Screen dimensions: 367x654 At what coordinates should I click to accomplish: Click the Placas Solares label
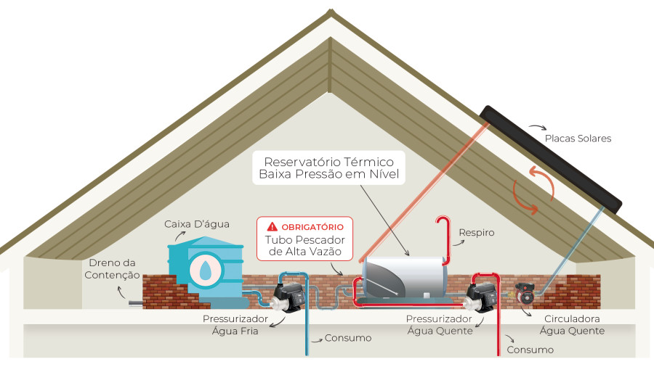point(578,138)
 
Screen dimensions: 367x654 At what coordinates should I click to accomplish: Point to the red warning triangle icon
point(272,226)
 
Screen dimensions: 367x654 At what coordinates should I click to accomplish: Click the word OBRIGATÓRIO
point(312,226)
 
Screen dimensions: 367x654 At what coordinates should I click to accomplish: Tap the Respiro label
point(476,233)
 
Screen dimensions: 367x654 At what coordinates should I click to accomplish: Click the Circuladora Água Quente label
point(572,324)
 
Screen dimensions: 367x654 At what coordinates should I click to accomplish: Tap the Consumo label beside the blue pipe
point(348,338)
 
